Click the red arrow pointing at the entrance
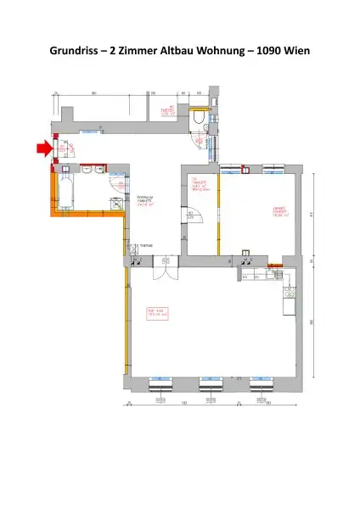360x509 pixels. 41,150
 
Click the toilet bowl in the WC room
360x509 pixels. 198,120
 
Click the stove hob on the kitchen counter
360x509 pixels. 289,294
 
